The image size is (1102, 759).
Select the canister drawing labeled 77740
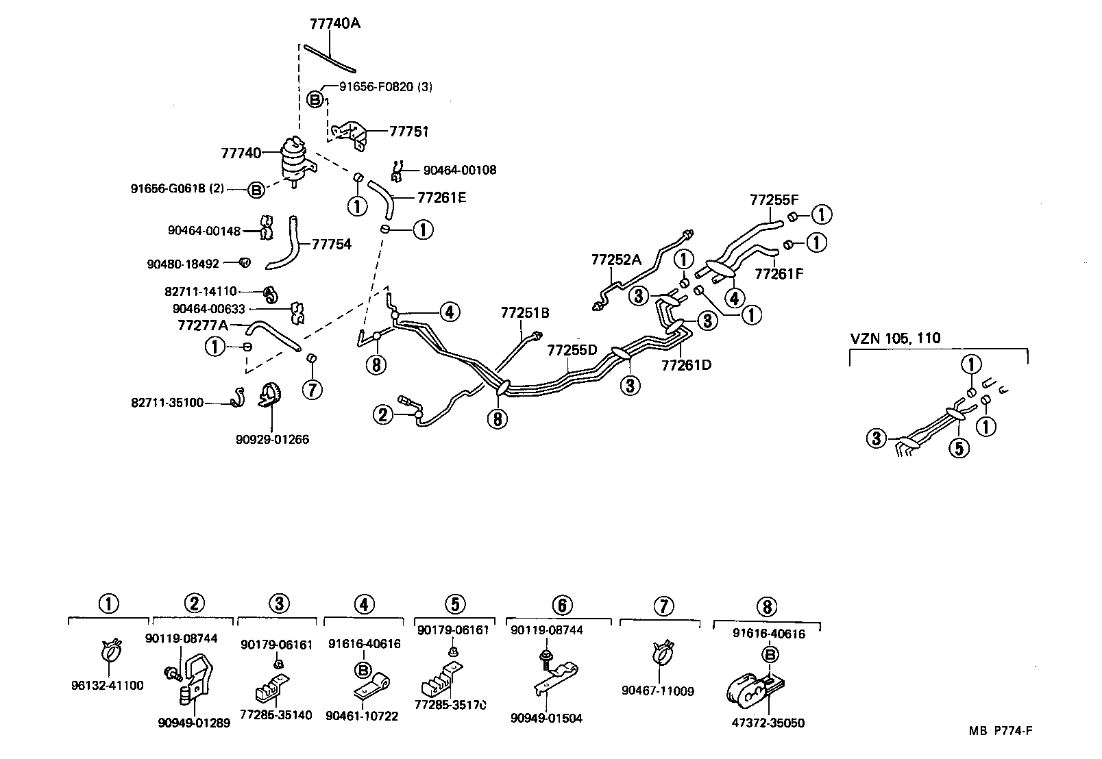click(295, 162)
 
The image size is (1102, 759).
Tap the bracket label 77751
click(408, 131)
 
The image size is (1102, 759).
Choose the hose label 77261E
click(441, 198)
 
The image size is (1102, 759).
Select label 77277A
click(202, 325)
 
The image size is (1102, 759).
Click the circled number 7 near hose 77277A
click(312, 390)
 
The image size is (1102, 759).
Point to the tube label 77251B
click(525, 313)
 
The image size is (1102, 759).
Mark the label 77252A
click(616, 260)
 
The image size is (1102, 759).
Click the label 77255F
click(774, 200)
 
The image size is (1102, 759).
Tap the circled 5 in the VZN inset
click(959, 449)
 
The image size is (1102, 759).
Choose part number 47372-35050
click(768, 723)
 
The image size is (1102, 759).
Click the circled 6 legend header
click(561, 605)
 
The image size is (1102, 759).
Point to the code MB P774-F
click(1001, 730)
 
